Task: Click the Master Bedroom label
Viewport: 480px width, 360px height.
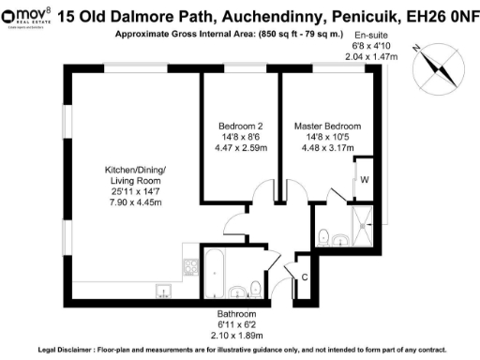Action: (327, 126)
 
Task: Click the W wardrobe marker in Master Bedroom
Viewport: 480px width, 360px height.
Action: (364, 180)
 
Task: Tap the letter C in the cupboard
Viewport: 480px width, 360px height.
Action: (305, 276)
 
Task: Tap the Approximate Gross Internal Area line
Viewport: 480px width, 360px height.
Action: (228, 35)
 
